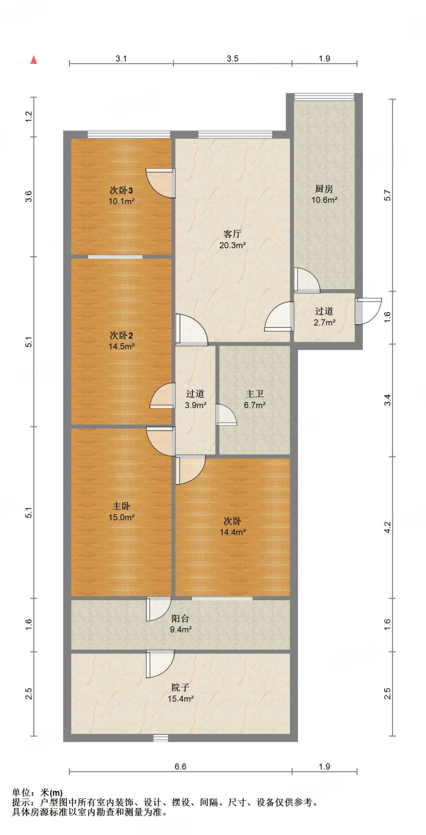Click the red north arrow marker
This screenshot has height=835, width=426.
click(x=34, y=60)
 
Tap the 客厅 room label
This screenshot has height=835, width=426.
click(x=232, y=234)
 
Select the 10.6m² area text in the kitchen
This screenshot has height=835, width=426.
click(x=324, y=200)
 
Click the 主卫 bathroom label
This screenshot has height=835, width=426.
click(x=255, y=394)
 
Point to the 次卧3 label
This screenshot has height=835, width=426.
click(x=121, y=190)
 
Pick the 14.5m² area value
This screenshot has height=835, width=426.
click(x=121, y=346)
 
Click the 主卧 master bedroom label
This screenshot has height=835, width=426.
click(x=121, y=506)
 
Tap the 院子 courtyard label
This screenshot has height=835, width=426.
click(x=181, y=687)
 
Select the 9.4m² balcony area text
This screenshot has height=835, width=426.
click(x=181, y=629)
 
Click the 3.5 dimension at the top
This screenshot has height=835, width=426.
click(x=232, y=58)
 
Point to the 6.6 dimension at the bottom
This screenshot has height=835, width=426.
click(x=181, y=767)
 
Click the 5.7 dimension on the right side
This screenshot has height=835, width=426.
click(x=387, y=195)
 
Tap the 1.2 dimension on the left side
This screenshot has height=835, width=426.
click(x=29, y=117)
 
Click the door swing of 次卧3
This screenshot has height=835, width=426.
click(x=161, y=183)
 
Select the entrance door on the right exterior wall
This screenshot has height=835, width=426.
click(x=368, y=311)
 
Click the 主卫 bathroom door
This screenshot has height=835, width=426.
click(x=226, y=415)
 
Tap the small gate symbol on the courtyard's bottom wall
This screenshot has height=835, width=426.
click(x=161, y=738)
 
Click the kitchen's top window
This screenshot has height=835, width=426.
click(x=324, y=97)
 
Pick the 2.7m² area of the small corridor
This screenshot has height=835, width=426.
click(x=324, y=322)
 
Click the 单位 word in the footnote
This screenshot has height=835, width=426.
click(x=21, y=793)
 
